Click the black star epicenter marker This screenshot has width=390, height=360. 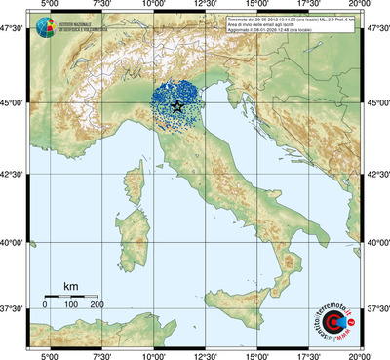tap(176, 105)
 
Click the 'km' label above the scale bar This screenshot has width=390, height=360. tap(70, 285)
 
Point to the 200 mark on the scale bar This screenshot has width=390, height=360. tap(97, 306)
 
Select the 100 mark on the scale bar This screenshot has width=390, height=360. tap(71, 306)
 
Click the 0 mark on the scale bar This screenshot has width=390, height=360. tap(45, 306)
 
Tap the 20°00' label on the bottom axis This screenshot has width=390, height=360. tap(362, 353)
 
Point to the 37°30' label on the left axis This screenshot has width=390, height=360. tap(13, 308)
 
